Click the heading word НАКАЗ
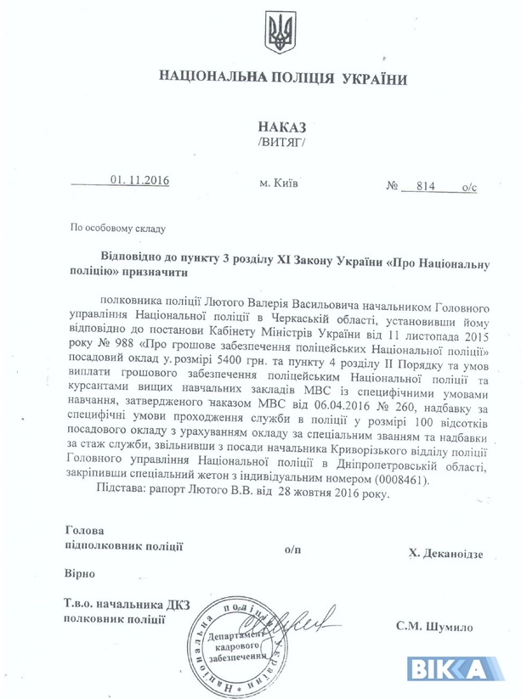pyautogui.click(x=278, y=125)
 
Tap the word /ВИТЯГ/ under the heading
pyautogui.click(x=278, y=142)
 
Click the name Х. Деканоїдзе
pyautogui.click(x=445, y=553)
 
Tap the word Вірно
pyautogui.click(x=81, y=573)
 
